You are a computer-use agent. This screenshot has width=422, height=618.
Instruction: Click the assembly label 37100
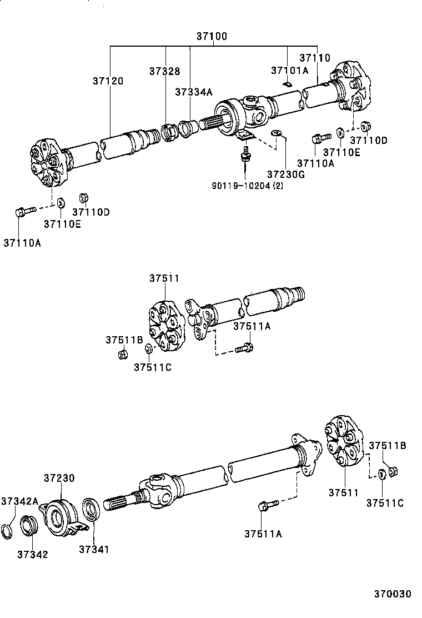pos(212,36)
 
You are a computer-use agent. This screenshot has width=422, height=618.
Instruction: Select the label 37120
pos(108,81)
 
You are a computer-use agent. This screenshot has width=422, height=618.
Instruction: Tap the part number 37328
pos(164,71)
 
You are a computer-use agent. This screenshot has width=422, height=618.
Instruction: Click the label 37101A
pos(289,71)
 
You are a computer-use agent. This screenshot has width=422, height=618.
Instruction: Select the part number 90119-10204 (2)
pos(248,186)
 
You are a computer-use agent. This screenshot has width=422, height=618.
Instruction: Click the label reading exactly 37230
pos(59,478)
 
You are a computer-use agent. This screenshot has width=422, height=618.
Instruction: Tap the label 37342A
pos(19,501)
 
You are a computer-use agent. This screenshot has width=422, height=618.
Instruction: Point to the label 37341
pos(94,549)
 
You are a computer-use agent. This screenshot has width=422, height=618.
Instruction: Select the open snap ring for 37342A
pos(9,531)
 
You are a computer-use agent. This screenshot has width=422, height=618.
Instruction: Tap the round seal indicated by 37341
pos(91,509)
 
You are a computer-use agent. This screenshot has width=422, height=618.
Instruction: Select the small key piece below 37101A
pos(287,84)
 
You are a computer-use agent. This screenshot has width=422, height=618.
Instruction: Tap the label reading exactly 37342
pos(32,554)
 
